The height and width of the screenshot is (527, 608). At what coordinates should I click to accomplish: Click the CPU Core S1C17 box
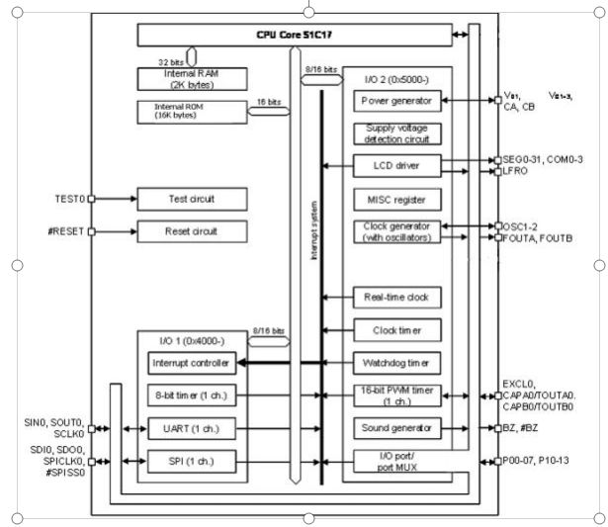point(291,35)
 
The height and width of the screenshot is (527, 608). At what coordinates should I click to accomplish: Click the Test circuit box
point(191,199)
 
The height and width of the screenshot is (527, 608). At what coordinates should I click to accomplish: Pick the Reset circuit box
point(191,232)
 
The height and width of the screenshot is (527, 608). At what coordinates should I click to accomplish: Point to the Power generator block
point(396,101)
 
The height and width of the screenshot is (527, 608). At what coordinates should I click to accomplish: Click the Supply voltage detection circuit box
point(396,133)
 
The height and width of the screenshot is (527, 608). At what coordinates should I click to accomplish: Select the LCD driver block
point(396,165)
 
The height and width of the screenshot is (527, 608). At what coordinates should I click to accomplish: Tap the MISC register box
point(396,200)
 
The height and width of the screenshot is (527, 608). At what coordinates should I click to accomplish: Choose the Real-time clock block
point(396,297)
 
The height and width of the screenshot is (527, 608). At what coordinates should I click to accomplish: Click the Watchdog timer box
point(396,361)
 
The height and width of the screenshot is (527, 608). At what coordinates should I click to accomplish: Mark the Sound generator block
point(396,428)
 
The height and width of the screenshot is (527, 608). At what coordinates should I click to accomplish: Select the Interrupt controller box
point(191,363)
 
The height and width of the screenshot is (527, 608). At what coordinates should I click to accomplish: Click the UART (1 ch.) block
point(191,428)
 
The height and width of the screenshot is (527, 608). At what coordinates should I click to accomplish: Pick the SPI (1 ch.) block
point(191,461)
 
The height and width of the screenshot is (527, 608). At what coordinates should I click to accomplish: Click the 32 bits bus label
point(174,61)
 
